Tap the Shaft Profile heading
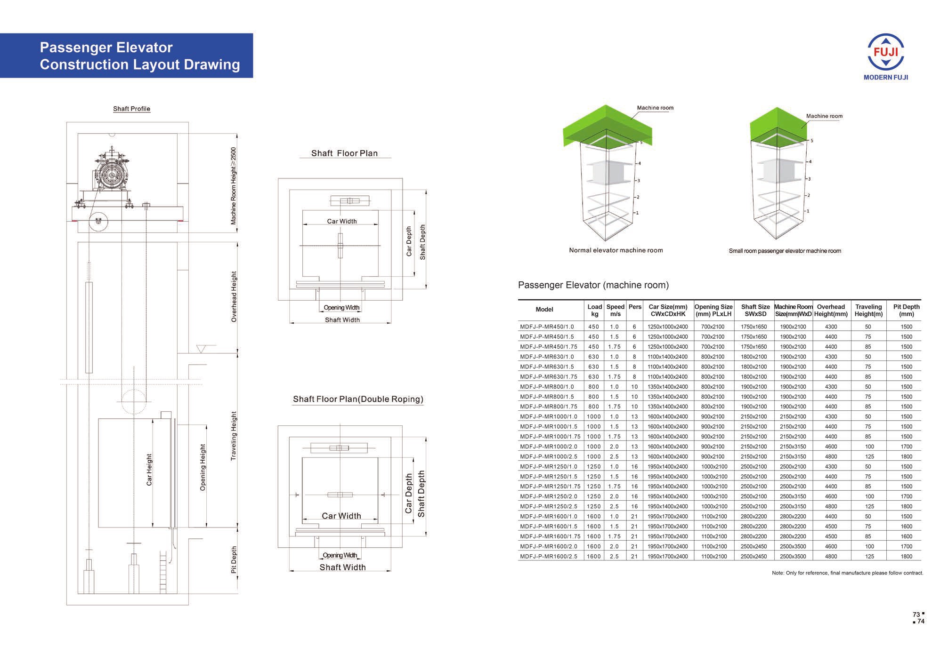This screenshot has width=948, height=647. pyautogui.click(x=131, y=109)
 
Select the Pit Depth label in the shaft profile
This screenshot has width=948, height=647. pyautogui.click(x=234, y=559)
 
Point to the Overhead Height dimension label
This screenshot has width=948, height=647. pyautogui.click(x=234, y=296)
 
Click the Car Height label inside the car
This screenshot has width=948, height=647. pyautogui.click(x=149, y=470)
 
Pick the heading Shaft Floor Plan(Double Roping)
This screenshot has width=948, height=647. pyautogui.click(x=358, y=399)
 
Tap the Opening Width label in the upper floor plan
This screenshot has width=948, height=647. pyautogui.click(x=341, y=308)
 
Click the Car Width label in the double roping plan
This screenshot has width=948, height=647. pyautogui.click(x=341, y=516)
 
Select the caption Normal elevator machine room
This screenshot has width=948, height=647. pyautogui.click(x=616, y=250)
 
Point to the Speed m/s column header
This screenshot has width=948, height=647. pyautogui.click(x=615, y=310)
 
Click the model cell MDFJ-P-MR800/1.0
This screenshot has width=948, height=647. pyautogui.click(x=547, y=386)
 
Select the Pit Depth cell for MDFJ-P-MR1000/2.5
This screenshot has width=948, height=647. pyautogui.click(x=906, y=456)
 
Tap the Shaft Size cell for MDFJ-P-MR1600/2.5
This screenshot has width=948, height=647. pyautogui.click(x=754, y=556)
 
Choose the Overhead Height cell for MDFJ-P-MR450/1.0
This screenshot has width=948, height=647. pyautogui.click(x=831, y=327)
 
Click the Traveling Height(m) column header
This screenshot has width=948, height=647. pyautogui.click(x=868, y=310)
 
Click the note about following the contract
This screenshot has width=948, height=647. pyautogui.click(x=847, y=573)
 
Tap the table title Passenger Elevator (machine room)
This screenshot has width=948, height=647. pyautogui.click(x=593, y=285)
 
